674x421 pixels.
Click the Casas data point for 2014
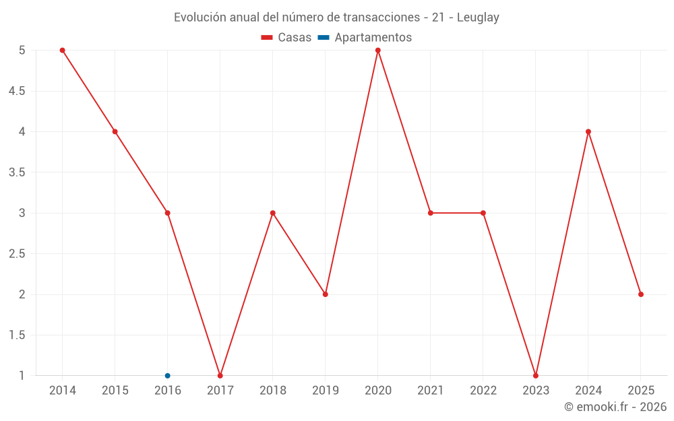click(62, 51)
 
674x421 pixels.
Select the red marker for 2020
click(378, 51)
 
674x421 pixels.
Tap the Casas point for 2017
click(220, 375)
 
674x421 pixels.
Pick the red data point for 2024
click(588, 131)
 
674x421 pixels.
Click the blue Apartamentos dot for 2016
click(168, 375)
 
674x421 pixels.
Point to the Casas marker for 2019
click(326, 294)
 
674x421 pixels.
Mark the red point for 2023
click(536, 375)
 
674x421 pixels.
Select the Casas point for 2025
click(641, 294)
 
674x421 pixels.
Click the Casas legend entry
click(286, 38)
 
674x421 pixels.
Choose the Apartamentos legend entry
click(365, 38)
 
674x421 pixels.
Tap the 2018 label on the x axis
click(273, 391)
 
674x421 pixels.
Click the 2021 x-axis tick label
click(431, 391)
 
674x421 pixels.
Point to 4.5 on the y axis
click(17, 91)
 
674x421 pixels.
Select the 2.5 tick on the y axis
click(17, 254)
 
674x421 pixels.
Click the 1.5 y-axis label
click(17, 335)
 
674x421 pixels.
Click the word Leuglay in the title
click(478, 18)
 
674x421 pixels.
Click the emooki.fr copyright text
click(615, 407)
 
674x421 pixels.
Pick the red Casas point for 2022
click(483, 213)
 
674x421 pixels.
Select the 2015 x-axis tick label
click(115, 391)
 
